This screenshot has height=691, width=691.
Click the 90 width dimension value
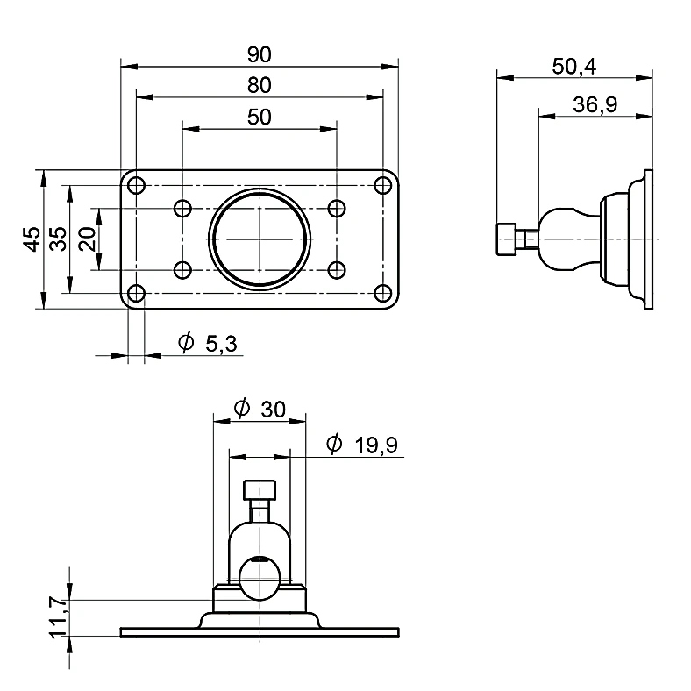click(x=260, y=54)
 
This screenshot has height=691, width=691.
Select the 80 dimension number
click(x=260, y=85)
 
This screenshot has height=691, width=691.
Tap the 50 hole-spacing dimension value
click(x=260, y=118)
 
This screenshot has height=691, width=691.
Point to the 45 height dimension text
click(x=32, y=239)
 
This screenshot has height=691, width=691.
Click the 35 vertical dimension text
click(x=58, y=239)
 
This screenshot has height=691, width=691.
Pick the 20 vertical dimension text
click(x=87, y=239)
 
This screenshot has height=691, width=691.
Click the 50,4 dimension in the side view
click(x=573, y=67)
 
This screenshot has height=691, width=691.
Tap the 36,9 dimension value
click(x=595, y=105)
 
